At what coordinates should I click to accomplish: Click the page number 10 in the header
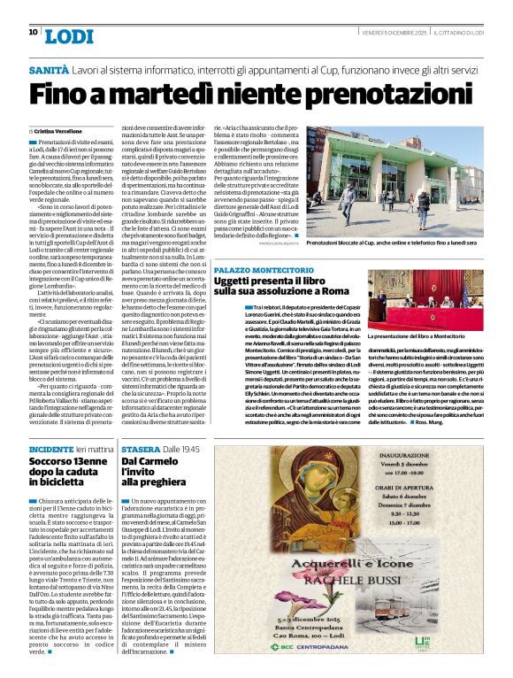pos(33,32)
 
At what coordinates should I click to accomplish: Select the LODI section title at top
pos(68,35)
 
